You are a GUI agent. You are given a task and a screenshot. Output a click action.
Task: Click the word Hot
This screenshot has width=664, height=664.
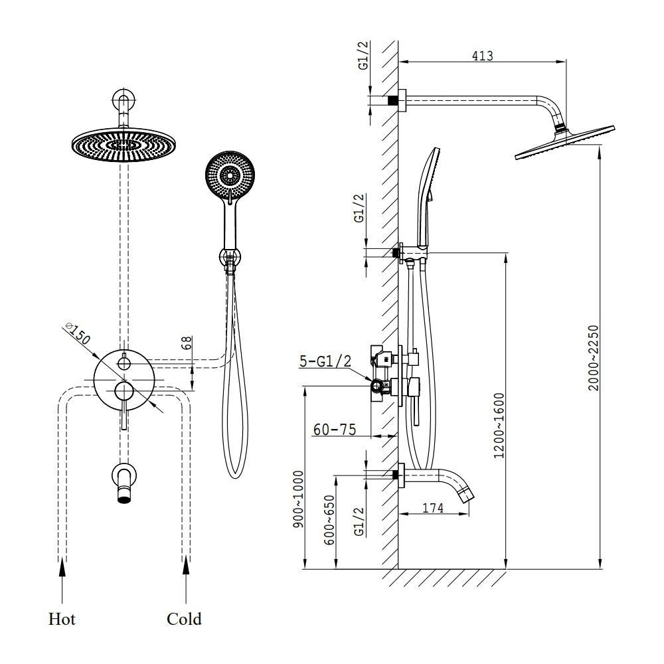pos(62,619)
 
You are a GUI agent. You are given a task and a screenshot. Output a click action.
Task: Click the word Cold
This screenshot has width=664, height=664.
pos(184,619)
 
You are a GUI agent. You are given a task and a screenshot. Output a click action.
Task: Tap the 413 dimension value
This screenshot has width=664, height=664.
pos(482,56)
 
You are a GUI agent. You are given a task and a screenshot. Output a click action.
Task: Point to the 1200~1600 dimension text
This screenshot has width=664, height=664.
pos(500,426)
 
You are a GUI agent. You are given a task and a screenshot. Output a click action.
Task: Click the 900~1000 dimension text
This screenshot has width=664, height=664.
pos(299,499)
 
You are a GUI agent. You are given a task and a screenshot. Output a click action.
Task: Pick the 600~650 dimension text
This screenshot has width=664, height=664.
pos(329,520)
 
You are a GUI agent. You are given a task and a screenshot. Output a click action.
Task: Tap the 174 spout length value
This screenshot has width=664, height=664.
pos(433,507)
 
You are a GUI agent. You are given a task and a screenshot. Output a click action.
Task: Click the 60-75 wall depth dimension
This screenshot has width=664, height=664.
pos(335,430)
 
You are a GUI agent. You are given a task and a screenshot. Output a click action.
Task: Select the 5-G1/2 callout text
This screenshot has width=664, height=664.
pos(325,361)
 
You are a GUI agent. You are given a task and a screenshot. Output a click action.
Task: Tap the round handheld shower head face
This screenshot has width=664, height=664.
pos(230,175)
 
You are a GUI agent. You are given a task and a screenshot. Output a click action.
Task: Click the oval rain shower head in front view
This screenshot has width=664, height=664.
pos(124,144)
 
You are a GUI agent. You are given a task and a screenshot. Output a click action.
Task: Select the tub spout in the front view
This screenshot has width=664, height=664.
pos(125,482)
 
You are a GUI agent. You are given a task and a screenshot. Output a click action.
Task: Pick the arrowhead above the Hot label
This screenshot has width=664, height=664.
pos(62,566)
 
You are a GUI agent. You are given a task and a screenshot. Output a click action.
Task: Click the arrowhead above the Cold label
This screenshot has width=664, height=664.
pos(185,566)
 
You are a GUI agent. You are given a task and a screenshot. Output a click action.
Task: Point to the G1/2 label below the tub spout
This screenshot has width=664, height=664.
pos(359,521)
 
